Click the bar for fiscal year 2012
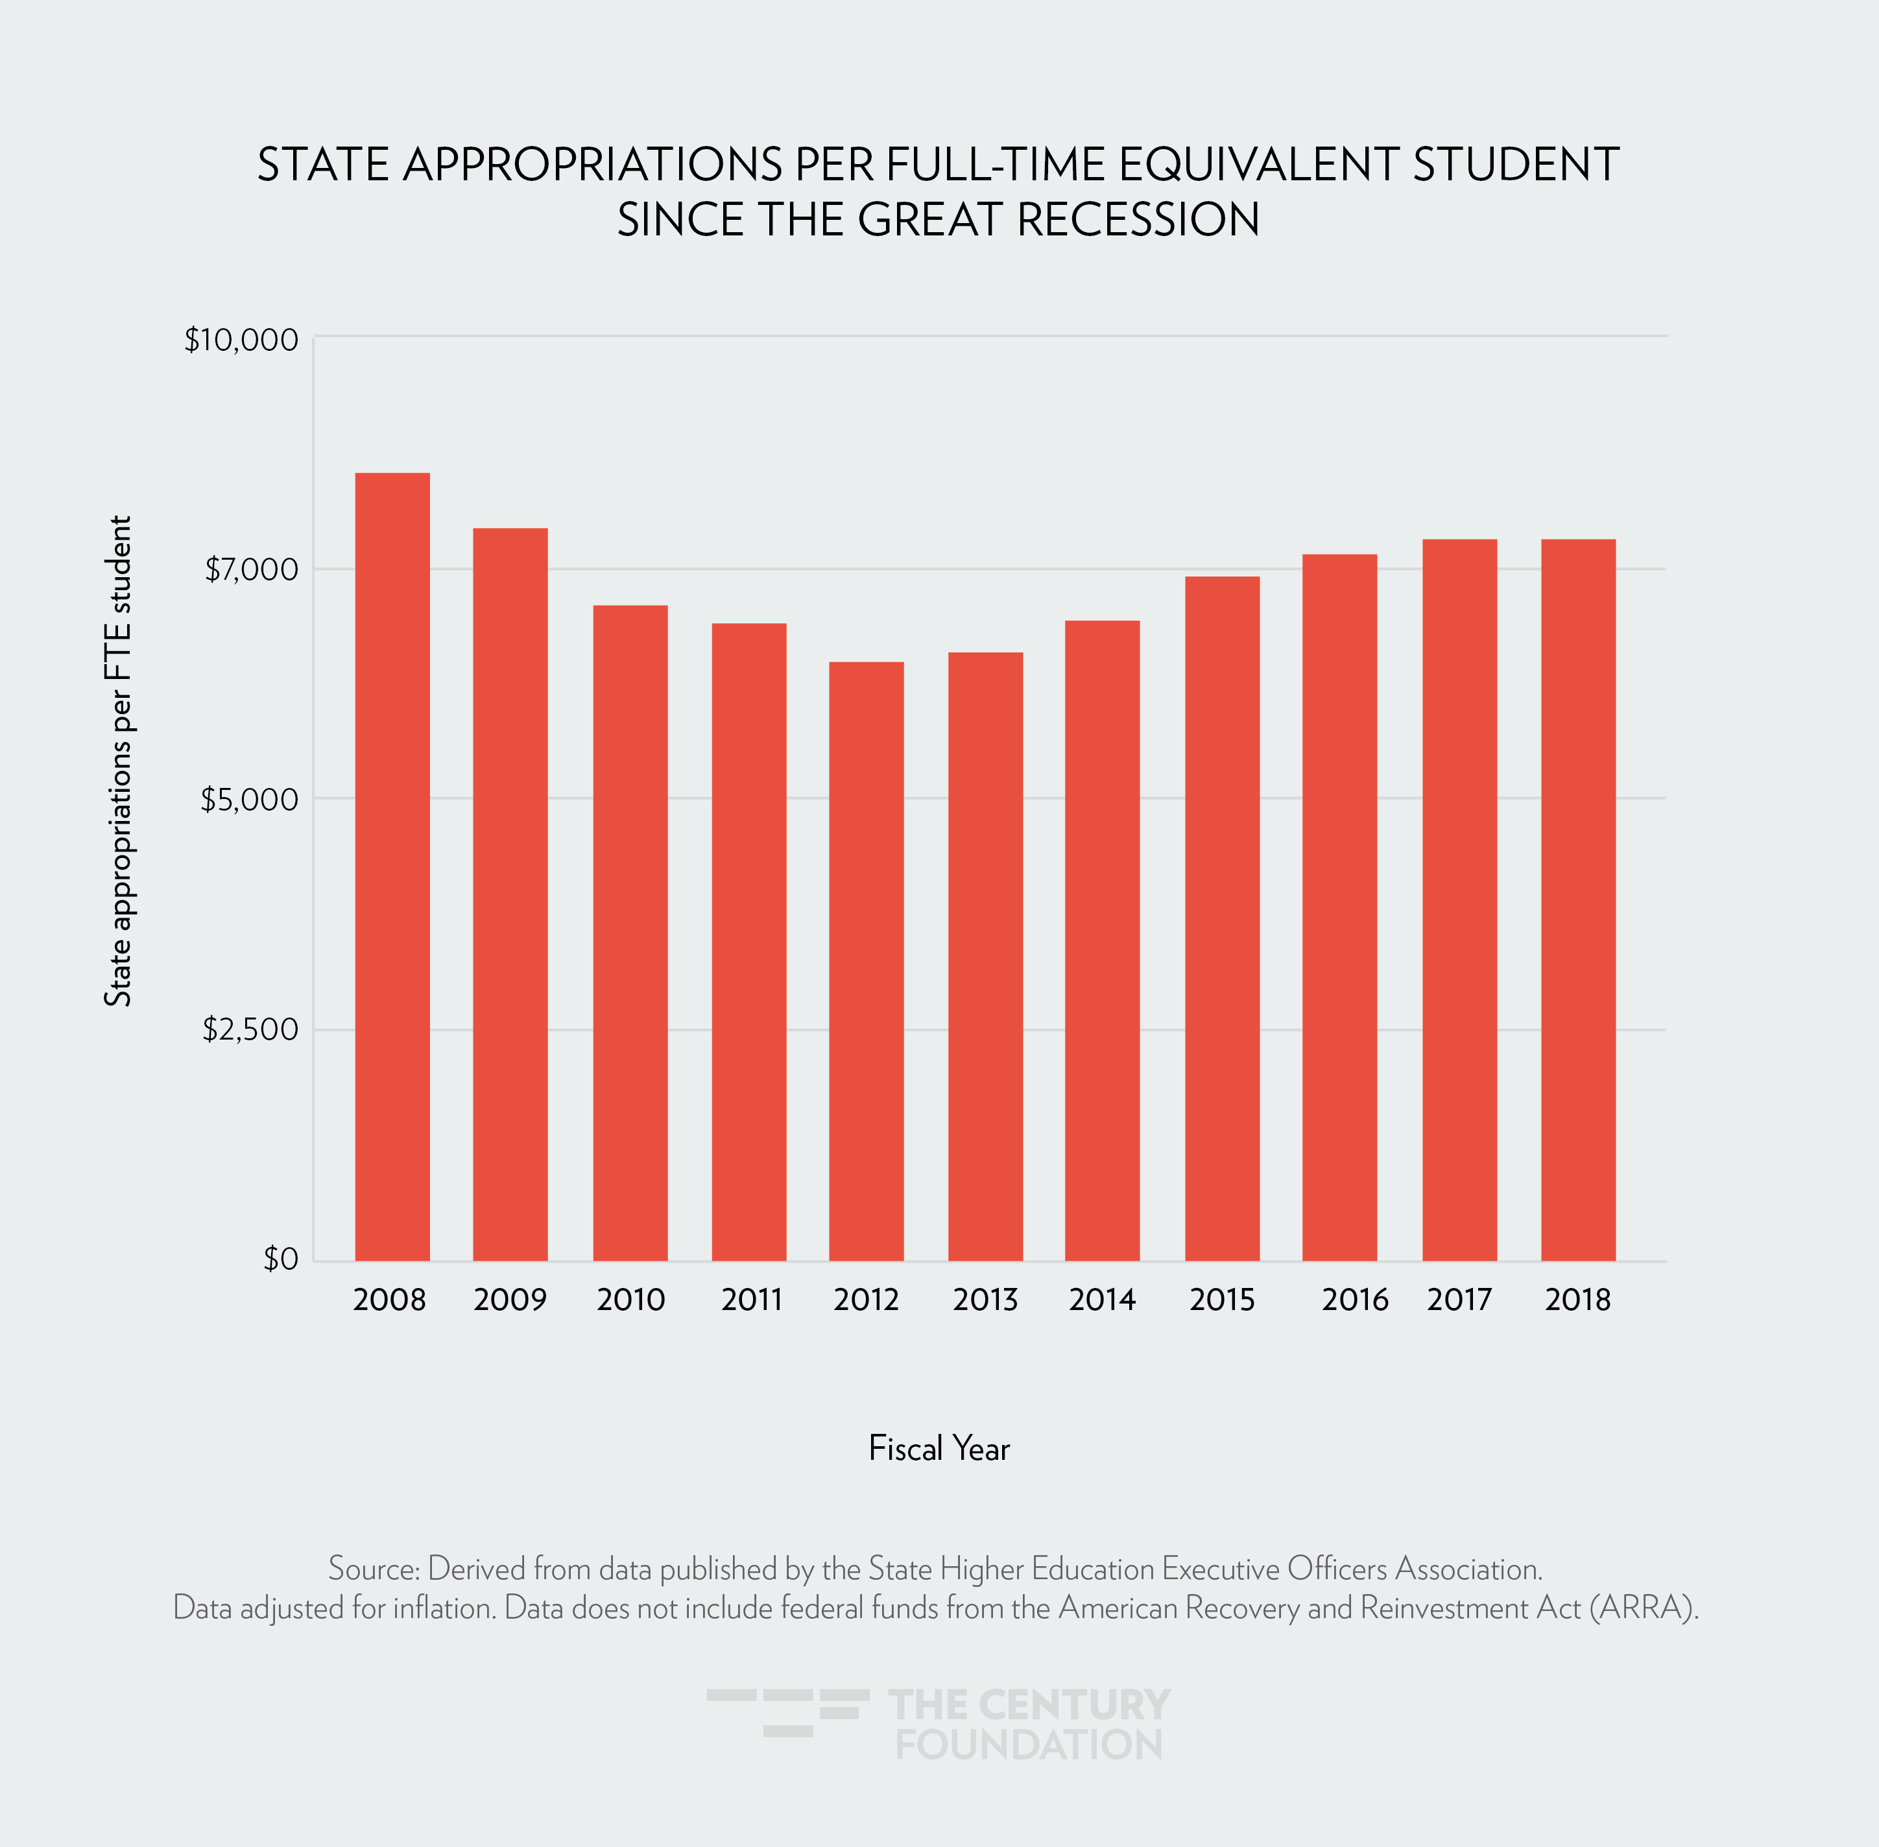click(x=867, y=960)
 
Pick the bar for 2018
click(x=1578, y=900)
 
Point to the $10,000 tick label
click(x=241, y=340)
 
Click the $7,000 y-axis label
click(x=251, y=569)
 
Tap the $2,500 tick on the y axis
click(x=250, y=1029)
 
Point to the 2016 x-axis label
click(x=1354, y=1300)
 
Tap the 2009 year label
click(x=510, y=1300)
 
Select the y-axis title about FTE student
click(x=118, y=761)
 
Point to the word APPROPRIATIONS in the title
click(x=593, y=165)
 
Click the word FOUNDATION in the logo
click(x=1028, y=1744)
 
